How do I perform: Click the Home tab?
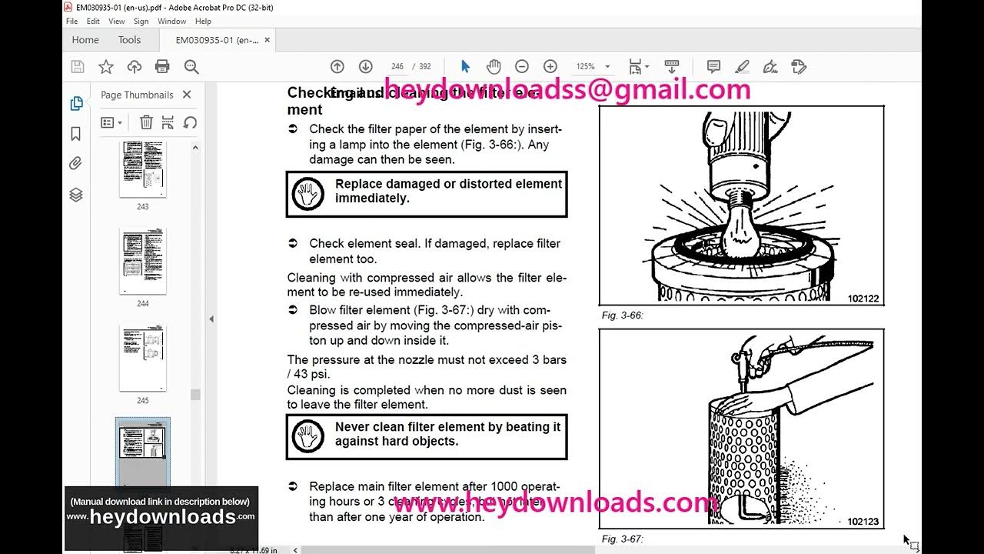click(x=85, y=40)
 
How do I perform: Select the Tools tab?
click(x=129, y=40)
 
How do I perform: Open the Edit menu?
click(x=93, y=22)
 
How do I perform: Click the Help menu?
click(x=203, y=22)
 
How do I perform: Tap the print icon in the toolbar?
click(x=162, y=67)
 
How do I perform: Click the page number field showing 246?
click(x=397, y=67)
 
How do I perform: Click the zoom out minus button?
click(x=521, y=67)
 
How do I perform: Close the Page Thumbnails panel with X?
click(x=187, y=95)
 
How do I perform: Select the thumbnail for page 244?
click(x=143, y=261)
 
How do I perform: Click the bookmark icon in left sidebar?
click(x=76, y=134)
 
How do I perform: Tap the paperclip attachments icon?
click(x=76, y=163)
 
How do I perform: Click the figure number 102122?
click(x=863, y=299)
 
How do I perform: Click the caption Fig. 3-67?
click(x=622, y=539)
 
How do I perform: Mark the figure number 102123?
click(x=863, y=522)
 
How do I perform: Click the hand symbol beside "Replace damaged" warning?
click(x=308, y=194)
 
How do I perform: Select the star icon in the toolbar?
click(x=106, y=67)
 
